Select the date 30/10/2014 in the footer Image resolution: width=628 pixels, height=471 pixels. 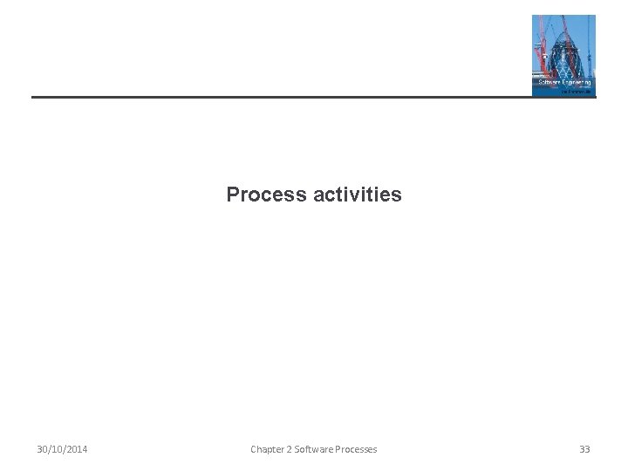pos(62,449)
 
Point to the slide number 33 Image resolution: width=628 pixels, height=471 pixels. pos(584,449)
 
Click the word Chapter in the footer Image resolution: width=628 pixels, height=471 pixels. pos(267,449)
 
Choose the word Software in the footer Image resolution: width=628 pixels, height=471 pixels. pos(315,449)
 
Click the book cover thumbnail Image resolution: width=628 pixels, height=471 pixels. pos(563,55)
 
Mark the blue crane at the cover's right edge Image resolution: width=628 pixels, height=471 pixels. pos(590,44)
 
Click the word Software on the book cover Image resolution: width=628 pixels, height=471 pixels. pos(550,82)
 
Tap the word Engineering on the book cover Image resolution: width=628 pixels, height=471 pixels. pos(575,82)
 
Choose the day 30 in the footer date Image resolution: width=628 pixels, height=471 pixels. pos(42,449)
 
